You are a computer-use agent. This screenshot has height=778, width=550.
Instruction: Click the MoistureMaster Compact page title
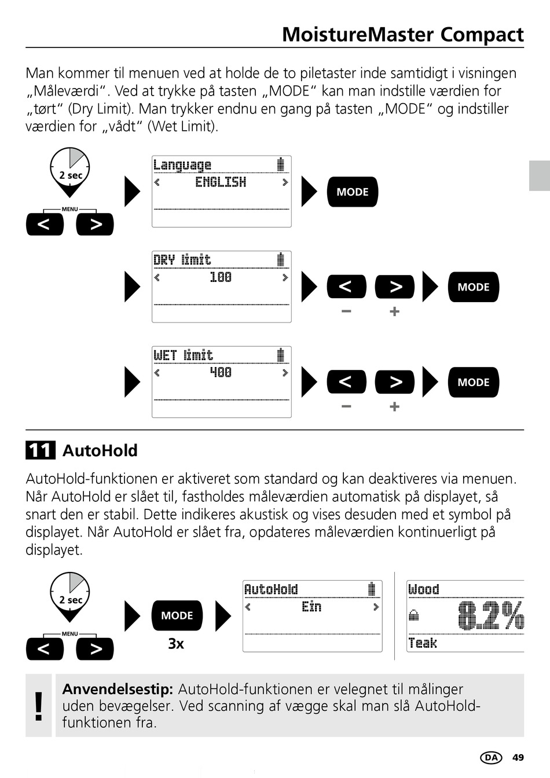click(402, 35)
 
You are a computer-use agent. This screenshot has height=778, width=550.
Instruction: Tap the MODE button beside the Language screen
click(352, 192)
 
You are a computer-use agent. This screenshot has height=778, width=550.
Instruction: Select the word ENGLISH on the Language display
click(221, 182)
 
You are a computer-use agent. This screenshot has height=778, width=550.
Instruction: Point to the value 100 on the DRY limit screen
click(221, 277)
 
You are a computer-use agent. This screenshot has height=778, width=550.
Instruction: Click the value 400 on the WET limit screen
click(221, 372)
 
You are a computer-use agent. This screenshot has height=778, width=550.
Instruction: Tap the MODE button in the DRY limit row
click(473, 287)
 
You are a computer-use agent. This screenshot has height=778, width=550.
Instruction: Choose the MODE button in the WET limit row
click(473, 382)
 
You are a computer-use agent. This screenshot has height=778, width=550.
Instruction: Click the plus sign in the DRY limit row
click(395, 312)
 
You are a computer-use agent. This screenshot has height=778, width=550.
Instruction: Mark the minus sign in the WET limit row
click(346, 406)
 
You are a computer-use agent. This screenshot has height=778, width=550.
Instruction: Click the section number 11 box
click(40, 450)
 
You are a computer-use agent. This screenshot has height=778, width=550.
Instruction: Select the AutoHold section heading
click(100, 450)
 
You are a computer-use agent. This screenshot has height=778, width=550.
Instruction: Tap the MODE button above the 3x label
click(177, 615)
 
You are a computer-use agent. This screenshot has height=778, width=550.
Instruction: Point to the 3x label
click(176, 644)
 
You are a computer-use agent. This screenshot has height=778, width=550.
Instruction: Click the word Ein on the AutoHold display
click(311, 607)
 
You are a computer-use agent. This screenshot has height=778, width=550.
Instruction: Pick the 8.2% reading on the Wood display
click(490, 615)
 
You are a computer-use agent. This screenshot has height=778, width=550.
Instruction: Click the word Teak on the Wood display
click(423, 643)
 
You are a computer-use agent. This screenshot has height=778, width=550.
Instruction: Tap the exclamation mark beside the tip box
click(39, 706)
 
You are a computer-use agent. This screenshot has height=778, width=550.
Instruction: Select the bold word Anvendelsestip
click(118, 689)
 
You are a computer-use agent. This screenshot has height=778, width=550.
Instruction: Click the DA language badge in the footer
click(491, 758)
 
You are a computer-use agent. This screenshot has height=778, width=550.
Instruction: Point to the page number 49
click(518, 758)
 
